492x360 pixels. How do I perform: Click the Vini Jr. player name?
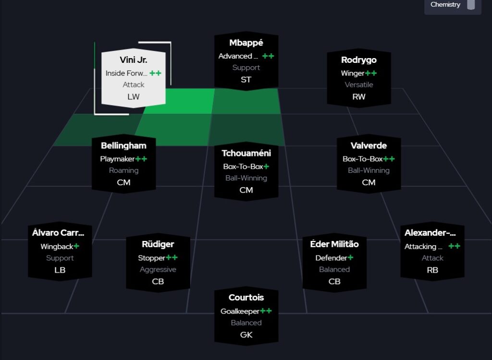click(x=133, y=60)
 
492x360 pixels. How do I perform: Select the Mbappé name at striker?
click(x=246, y=43)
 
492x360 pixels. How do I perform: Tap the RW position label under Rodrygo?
click(x=358, y=96)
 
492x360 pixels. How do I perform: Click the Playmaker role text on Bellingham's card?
click(x=118, y=159)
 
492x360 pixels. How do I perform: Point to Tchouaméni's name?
click(x=246, y=153)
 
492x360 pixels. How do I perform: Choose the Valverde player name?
click(x=369, y=145)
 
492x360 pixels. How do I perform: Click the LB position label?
click(x=60, y=270)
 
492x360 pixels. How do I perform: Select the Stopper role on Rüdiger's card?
click(x=152, y=258)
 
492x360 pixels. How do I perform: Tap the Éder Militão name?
click(x=334, y=244)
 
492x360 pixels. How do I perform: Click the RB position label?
click(x=432, y=270)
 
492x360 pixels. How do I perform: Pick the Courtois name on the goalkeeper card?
click(x=246, y=298)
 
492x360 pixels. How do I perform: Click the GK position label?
click(x=246, y=335)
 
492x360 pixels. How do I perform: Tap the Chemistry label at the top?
click(x=445, y=5)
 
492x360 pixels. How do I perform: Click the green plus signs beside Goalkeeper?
click(x=266, y=311)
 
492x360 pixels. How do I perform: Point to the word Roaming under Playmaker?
click(x=123, y=170)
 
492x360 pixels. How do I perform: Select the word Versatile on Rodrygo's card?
click(x=358, y=85)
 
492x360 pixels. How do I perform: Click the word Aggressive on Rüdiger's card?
click(x=158, y=270)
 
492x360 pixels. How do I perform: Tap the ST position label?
click(x=246, y=80)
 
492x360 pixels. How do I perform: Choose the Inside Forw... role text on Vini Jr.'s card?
click(x=127, y=73)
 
